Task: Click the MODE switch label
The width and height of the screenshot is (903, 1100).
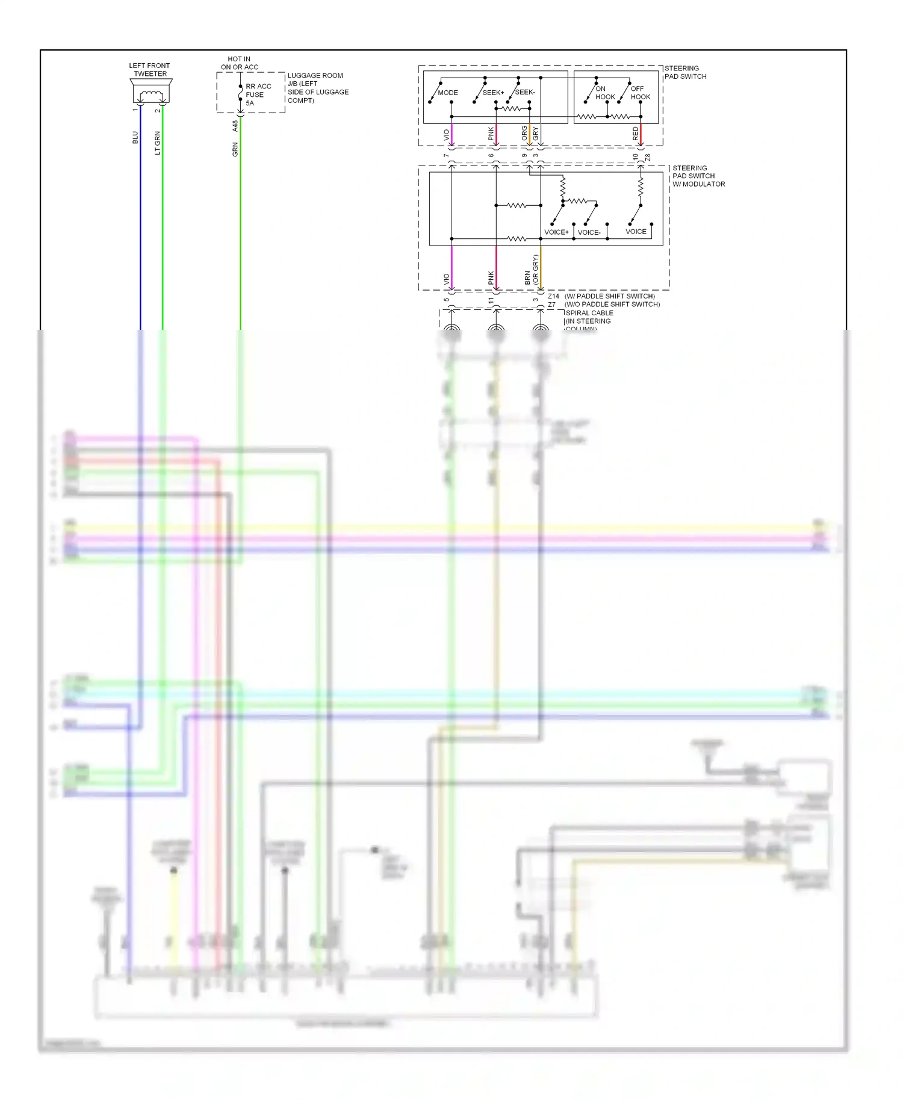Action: (x=447, y=93)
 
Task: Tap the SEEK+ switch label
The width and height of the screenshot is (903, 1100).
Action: (x=493, y=93)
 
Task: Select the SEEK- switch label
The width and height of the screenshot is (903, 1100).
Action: (x=525, y=92)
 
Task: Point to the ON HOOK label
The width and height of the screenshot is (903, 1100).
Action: (x=604, y=93)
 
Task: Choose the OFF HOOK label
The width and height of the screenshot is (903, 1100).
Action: (x=640, y=93)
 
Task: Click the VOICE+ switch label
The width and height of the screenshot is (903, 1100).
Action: (x=556, y=232)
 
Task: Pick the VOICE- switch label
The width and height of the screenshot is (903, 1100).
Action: (x=589, y=232)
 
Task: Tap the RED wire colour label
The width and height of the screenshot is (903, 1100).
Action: (x=636, y=134)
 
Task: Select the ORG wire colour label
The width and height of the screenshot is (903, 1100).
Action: (x=524, y=133)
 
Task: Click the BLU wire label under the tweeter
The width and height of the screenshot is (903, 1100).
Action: (x=135, y=138)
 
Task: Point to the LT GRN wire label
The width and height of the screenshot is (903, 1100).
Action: (x=158, y=143)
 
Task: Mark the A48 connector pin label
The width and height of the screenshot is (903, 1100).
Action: (x=235, y=126)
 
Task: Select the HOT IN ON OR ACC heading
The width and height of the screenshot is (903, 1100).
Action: (x=239, y=63)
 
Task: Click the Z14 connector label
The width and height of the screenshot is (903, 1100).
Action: (x=553, y=296)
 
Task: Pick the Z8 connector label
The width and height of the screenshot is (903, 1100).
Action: (x=648, y=158)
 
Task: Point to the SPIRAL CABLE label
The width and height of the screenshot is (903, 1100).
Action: (x=589, y=313)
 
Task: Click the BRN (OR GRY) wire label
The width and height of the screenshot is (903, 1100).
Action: (x=531, y=270)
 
